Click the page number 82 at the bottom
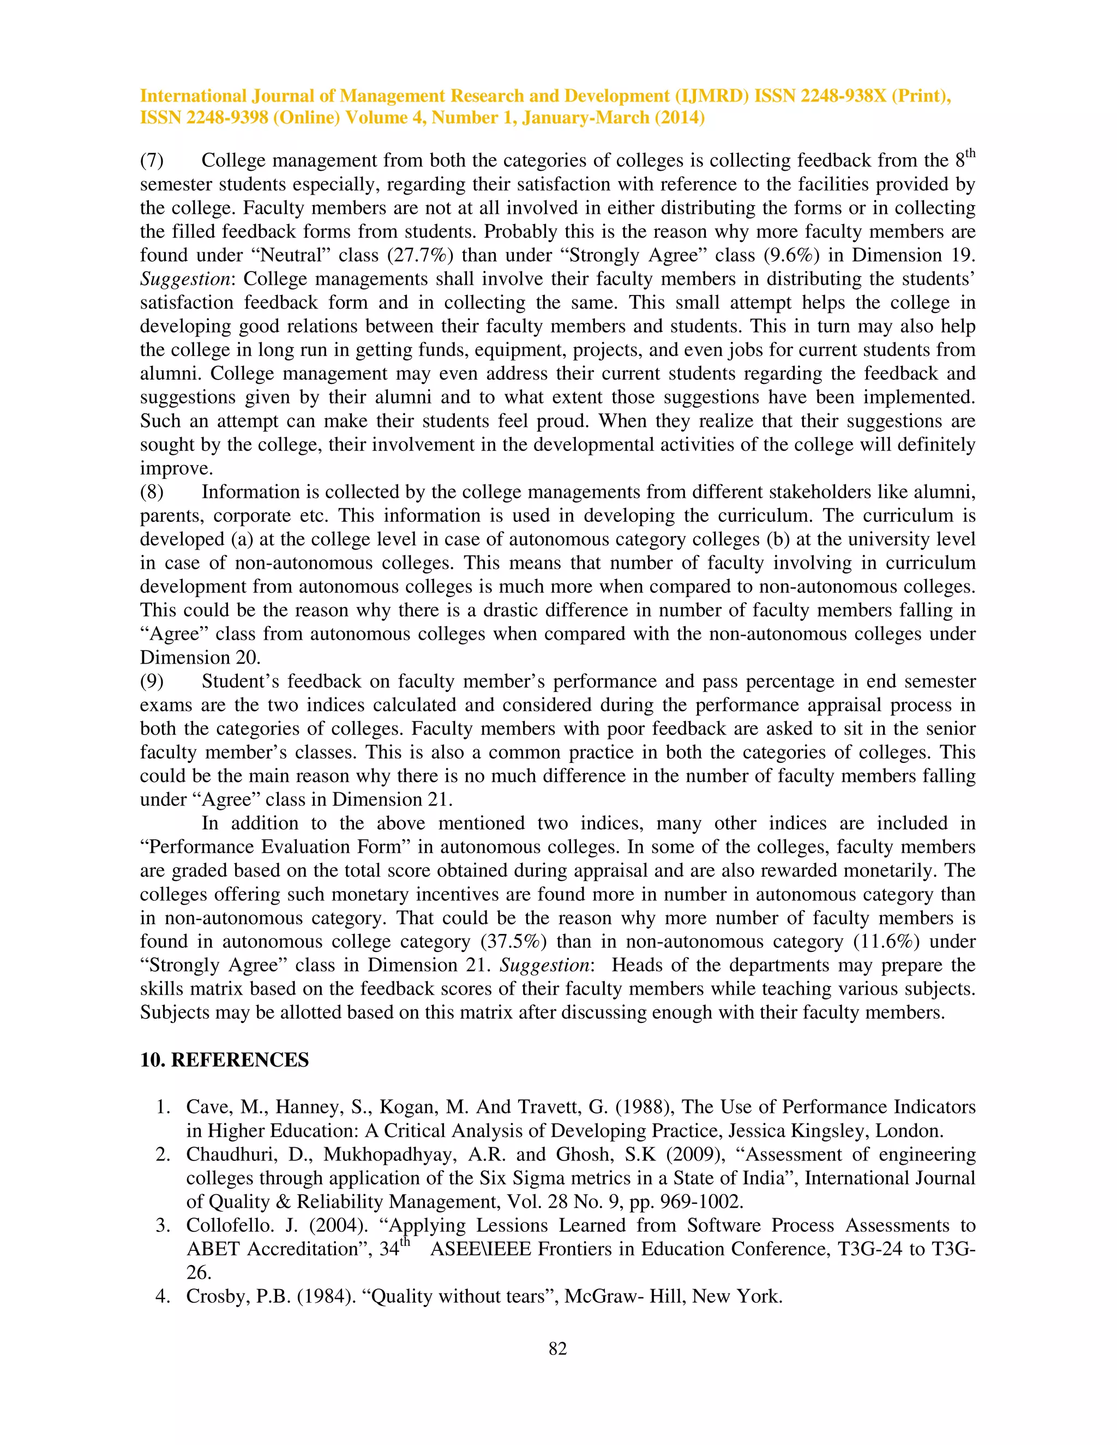[558, 1348]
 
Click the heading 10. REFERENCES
[224, 1060]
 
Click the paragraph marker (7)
[152, 161]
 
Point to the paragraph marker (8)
[152, 492]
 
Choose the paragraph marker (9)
[152, 682]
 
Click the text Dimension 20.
[200, 658]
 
